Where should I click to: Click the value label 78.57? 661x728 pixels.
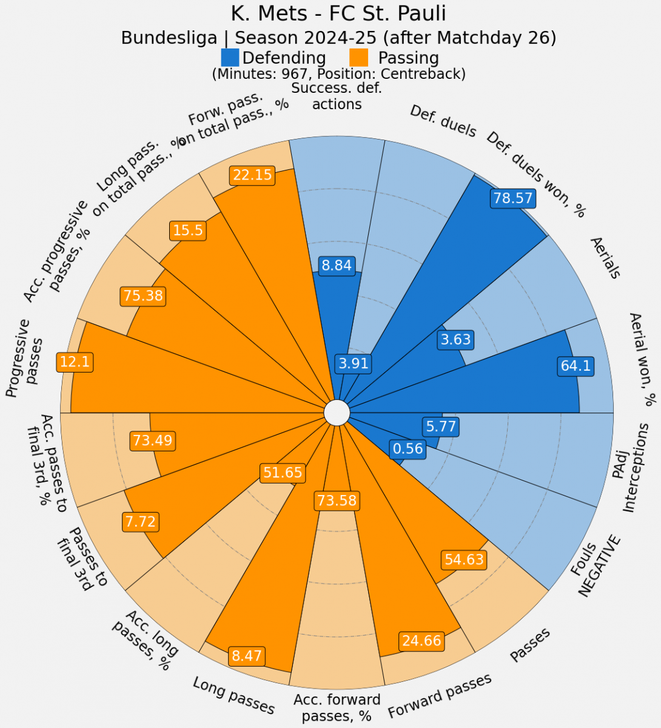click(513, 198)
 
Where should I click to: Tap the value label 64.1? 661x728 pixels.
click(575, 366)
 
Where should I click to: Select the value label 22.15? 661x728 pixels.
click(252, 175)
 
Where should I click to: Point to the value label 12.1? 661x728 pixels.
click(75, 362)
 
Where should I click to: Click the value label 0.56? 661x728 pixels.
click(408, 449)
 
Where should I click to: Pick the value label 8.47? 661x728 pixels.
click(246, 656)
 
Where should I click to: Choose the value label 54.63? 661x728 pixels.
click(464, 559)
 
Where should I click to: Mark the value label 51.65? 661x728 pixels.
click(283, 473)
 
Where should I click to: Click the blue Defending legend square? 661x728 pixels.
click(230, 58)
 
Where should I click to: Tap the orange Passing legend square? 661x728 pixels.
click(360, 58)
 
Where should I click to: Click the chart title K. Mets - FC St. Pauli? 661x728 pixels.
click(338, 13)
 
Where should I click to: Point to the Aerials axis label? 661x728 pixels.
click(605, 258)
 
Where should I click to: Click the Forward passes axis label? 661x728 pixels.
click(440, 695)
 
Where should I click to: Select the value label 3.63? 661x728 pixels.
click(455, 339)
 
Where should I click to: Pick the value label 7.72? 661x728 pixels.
click(141, 521)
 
